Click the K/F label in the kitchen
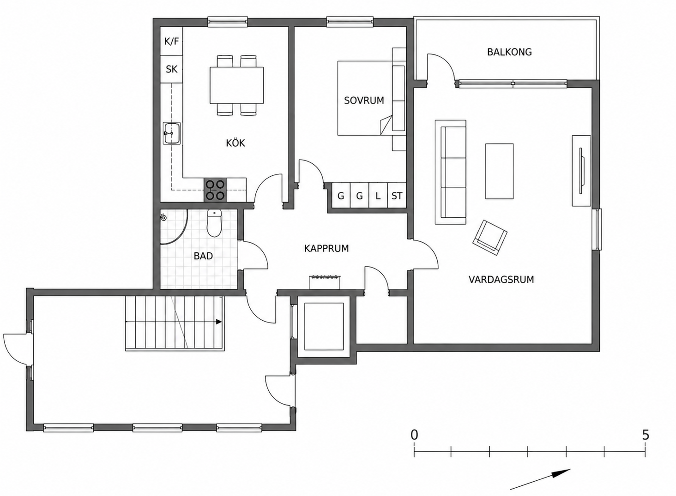click(172, 42)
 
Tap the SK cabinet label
click(172, 69)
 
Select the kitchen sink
click(172, 133)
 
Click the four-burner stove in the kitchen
click(215, 190)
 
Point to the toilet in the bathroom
click(214, 223)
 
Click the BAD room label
click(203, 256)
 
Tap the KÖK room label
click(235, 143)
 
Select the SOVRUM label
click(364, 100)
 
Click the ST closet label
click(397, 196)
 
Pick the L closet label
click(378, 196)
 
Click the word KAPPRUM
click(326, 248)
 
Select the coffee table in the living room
click(499, 171)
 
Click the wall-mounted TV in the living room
click(581, 171)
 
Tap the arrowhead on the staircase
click(219, 322)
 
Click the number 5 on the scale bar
click(646, 435)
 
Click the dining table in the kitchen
click(236, 85)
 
